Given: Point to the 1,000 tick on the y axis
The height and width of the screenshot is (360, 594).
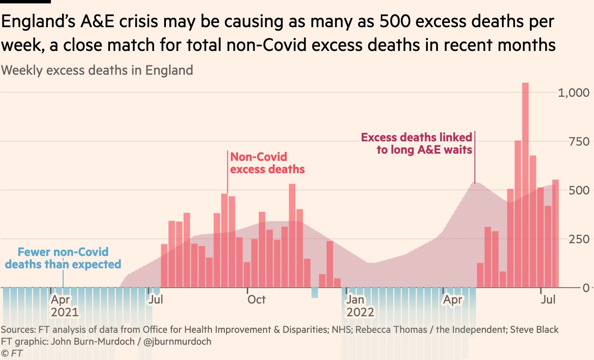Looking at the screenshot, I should point(573,93).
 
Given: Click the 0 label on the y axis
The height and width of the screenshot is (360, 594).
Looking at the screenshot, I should point(586,288).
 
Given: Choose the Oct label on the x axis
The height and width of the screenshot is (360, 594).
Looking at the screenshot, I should point(256,300).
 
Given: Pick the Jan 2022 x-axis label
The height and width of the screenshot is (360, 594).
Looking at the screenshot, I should point(360,306).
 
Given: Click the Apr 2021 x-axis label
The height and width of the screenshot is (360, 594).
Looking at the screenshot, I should point(64,306).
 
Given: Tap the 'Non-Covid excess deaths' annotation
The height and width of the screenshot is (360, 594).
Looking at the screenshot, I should point(267,163).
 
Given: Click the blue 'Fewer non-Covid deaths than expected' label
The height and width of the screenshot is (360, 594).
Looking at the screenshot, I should point(63,258).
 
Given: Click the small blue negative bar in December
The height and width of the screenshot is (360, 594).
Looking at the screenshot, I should point(314,292).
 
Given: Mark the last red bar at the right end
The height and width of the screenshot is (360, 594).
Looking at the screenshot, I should point(555,233).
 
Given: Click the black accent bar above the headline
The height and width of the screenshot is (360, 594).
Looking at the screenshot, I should point(25,2).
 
